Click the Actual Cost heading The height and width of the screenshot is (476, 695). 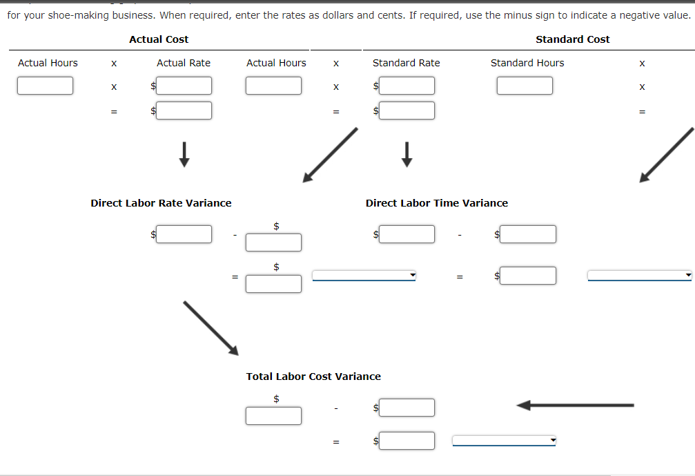coord(159,39)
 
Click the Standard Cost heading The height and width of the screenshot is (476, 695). coord(572,39)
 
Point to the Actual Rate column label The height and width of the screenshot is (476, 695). coord(184,63)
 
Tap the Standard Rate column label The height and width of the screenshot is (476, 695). coord(406,63)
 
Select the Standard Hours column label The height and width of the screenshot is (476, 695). coord(527,63)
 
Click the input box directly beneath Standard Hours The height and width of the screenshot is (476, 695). coord(525,86)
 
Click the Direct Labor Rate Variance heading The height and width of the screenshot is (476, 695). coord(161,203)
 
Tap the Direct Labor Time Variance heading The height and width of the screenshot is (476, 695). coord(436,203)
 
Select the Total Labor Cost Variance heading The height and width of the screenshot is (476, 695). coord(313,377)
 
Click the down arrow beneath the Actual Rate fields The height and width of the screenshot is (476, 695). coord(184,154)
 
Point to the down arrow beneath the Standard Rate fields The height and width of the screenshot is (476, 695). coord(407,154)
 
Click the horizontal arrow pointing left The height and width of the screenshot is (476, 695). coord(575,405)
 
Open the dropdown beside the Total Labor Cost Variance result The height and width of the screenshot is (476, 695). coord(504,441)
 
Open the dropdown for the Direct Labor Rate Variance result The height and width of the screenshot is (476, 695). coord(364,276)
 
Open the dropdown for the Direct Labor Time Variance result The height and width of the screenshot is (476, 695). coord(639,276)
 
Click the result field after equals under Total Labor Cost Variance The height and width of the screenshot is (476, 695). coord(407,441)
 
